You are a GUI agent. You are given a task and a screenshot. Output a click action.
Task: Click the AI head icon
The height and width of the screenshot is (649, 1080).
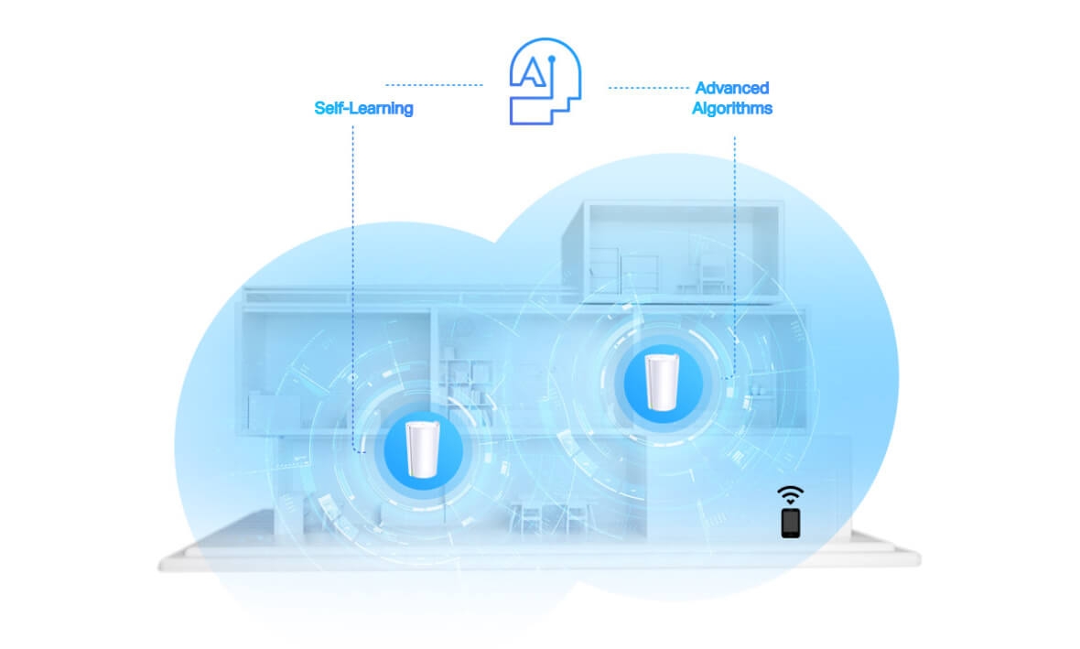545,81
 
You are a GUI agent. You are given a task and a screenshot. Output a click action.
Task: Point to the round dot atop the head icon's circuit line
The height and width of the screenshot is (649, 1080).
551,59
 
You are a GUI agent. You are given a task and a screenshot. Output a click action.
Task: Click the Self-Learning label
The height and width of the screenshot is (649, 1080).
363,108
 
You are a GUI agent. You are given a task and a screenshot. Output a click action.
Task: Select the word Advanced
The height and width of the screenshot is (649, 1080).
731,88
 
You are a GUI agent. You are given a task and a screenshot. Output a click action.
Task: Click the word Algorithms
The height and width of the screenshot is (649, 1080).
731,108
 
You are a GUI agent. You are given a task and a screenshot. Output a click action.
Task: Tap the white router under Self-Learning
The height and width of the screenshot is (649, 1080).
423,449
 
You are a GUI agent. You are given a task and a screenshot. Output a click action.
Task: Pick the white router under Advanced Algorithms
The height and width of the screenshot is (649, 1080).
662,382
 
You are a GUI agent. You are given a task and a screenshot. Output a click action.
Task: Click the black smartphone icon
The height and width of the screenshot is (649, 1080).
791,523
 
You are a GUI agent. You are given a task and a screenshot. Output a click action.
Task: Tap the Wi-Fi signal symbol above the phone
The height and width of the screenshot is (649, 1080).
791,494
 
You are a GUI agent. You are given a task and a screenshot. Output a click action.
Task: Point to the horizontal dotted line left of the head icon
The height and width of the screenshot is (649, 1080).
434,85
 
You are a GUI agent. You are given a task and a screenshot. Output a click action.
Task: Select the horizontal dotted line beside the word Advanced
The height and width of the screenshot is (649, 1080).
648,88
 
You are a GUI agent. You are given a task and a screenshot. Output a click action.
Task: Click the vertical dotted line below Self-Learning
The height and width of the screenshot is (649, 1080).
353,289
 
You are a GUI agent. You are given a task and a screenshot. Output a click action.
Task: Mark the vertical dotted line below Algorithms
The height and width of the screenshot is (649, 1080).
734,258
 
